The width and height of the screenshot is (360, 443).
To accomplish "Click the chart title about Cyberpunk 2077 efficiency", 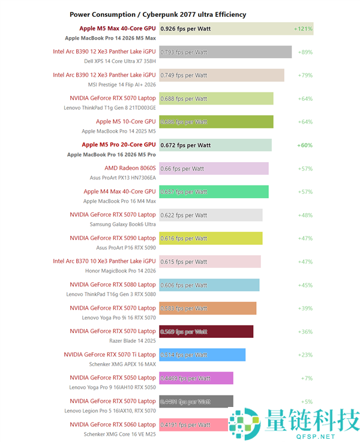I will (x=158, y=14).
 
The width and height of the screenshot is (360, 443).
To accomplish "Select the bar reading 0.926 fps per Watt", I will (x=236, y=28).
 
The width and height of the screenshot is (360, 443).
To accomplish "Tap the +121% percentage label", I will (x=303, y=28).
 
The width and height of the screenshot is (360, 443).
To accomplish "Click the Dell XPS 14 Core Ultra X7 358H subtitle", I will (x=120, y=61).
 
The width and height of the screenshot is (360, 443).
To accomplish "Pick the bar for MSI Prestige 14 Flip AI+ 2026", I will (x=221, y=75).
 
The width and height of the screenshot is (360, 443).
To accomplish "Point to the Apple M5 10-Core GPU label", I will (x=125, y=121).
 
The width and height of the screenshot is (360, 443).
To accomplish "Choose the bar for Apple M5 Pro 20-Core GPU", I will (x=215, y=145).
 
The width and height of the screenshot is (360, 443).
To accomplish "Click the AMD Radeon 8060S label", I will (x=130, y=168).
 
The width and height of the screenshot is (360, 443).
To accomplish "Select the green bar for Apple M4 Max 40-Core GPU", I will (x=214, y=191).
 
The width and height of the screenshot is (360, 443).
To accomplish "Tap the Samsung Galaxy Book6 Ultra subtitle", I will (x=122, y=224).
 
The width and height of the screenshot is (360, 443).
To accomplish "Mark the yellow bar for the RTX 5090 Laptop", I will (x=211, y=238).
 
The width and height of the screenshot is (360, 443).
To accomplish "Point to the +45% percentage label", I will (x=305, y=285).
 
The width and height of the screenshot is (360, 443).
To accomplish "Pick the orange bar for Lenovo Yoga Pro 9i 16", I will (x=208, y=308).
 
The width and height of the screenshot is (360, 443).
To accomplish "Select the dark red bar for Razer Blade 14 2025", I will (x=206, y=331).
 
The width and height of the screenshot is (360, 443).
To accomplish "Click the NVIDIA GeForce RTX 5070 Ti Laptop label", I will (x=110, y=354).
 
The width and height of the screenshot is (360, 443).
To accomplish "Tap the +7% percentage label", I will (x=307, y=378).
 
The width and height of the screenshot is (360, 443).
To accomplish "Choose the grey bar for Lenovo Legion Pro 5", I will (x=196, y=402).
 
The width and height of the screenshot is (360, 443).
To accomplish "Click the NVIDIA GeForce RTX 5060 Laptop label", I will (x=112, y=424).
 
